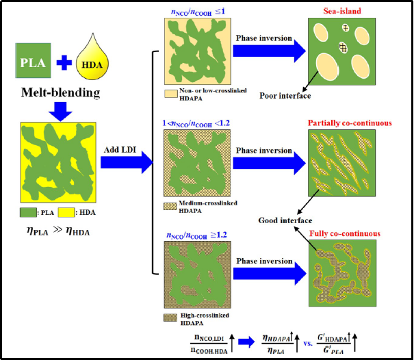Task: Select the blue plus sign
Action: pyautogui.click(x=62, y=64)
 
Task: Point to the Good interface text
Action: pyautogui.click(x=285, y=220)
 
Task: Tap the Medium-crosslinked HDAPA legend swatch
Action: pyautogui.click(x=170, y=205)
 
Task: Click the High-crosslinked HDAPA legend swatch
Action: pyautogui.click(x=169, y=316)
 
